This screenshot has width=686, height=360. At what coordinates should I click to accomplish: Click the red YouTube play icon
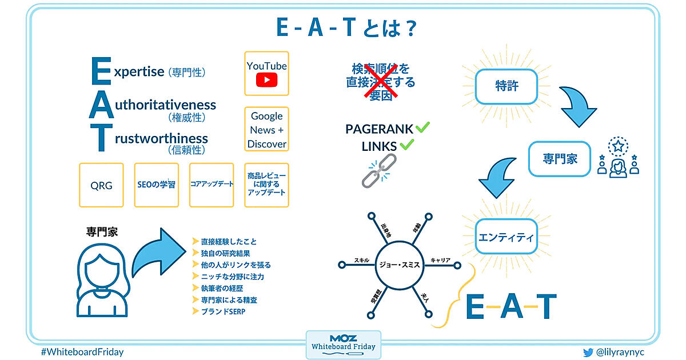point(266,79)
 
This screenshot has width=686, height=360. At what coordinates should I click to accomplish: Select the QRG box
point(101,185)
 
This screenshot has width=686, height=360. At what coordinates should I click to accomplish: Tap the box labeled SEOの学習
point(157,185)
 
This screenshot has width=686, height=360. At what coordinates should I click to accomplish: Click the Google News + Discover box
point(267,130)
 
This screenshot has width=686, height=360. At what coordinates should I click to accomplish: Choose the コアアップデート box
point(212,185)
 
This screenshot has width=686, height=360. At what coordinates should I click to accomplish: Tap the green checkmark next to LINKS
point(406,145)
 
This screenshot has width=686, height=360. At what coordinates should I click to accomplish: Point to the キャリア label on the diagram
point(440,260)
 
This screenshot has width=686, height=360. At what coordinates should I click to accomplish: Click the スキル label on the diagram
point(361,260)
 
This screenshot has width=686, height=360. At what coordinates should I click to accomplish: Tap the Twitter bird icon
point(588,352)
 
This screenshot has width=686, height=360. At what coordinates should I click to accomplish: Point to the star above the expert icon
point(618,146)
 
